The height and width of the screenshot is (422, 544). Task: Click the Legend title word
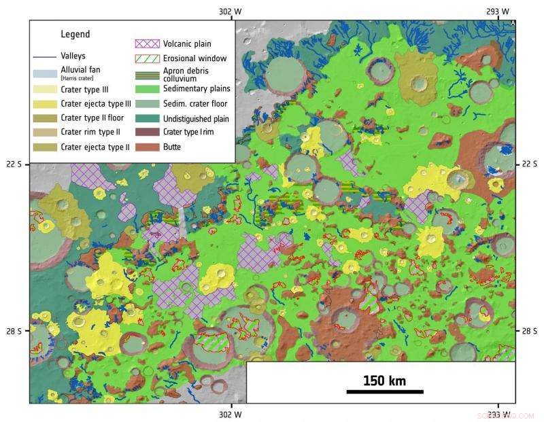click(75, 34)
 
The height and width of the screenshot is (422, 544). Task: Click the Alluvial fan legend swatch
click(45, 73)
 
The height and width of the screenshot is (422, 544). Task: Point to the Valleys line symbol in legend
click(45, 56)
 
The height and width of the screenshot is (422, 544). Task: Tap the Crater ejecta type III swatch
click(45, 104)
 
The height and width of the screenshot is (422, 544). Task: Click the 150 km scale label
click(384, 381)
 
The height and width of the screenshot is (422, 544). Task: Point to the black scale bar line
click(384, 391)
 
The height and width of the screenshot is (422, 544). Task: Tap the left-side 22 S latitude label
click(14, 164)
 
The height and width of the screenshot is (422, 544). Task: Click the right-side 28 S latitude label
click(530, 331)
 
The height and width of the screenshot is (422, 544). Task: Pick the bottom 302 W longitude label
click(231, 412)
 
